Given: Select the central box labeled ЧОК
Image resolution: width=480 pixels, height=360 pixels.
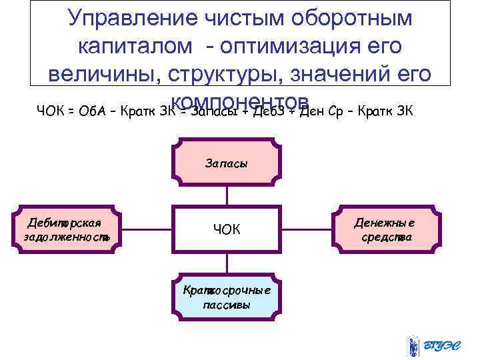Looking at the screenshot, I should pos(226,229).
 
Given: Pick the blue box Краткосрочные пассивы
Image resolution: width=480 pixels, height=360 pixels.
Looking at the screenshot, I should pos(226,297).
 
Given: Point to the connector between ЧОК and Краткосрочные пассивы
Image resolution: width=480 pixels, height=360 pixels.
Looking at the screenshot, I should pos(226,263).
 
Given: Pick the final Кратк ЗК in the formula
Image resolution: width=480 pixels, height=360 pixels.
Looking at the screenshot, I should pos(388,111).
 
